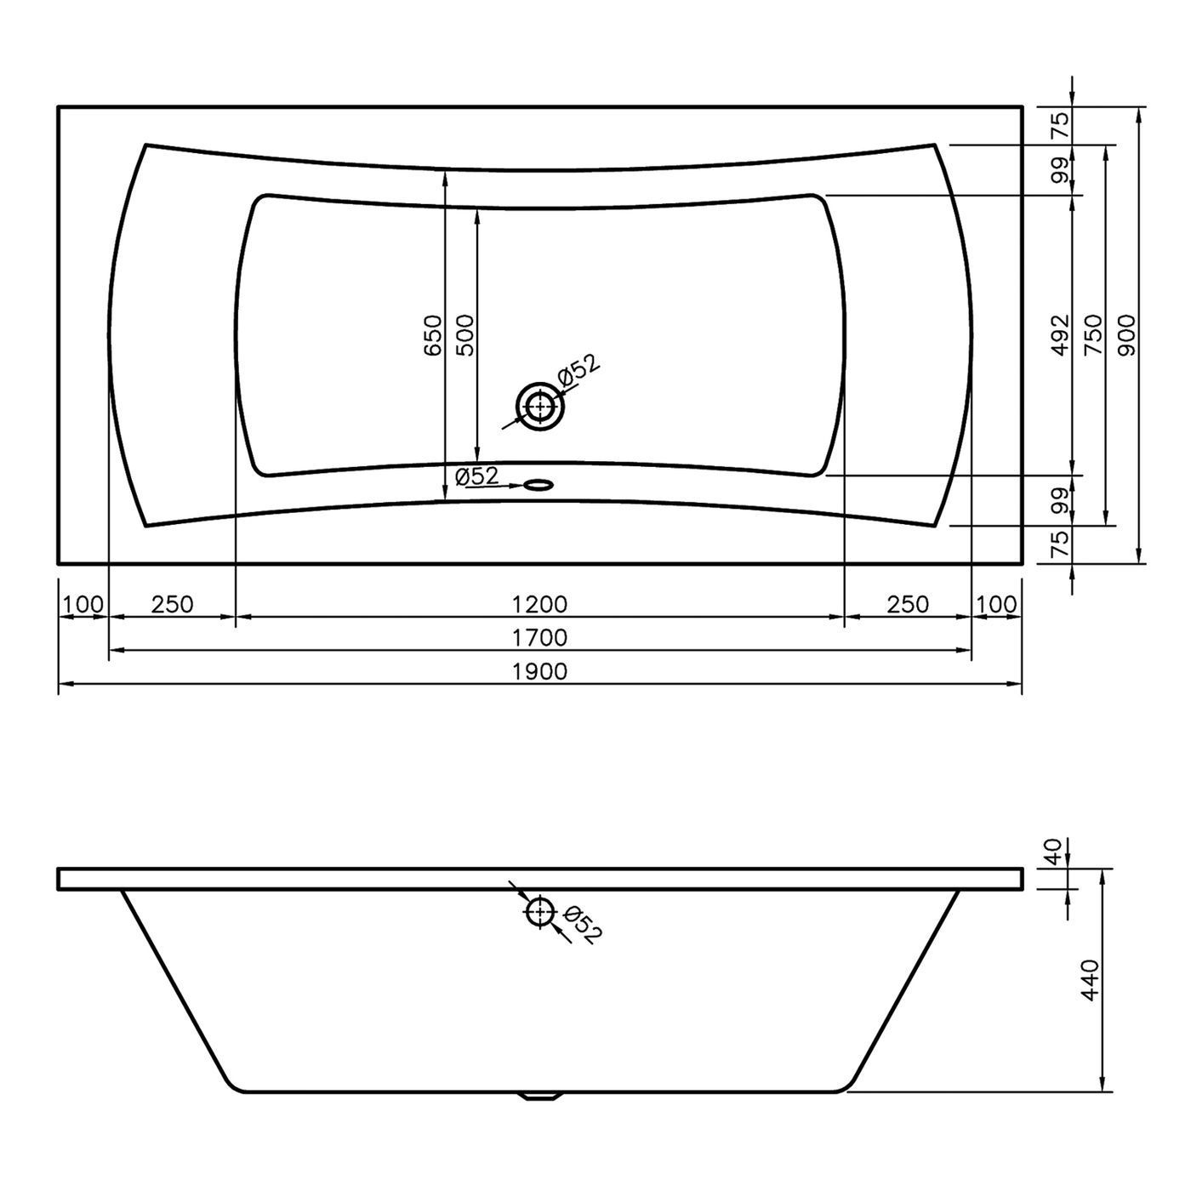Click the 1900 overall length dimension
point(539,670)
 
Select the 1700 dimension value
point(539,637)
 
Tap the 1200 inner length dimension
point(539,604)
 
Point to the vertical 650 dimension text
point(434,335)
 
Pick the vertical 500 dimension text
point(464,335)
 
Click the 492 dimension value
point(1061,335)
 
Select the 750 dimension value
point(1093,335)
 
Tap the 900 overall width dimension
point(1126,335)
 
